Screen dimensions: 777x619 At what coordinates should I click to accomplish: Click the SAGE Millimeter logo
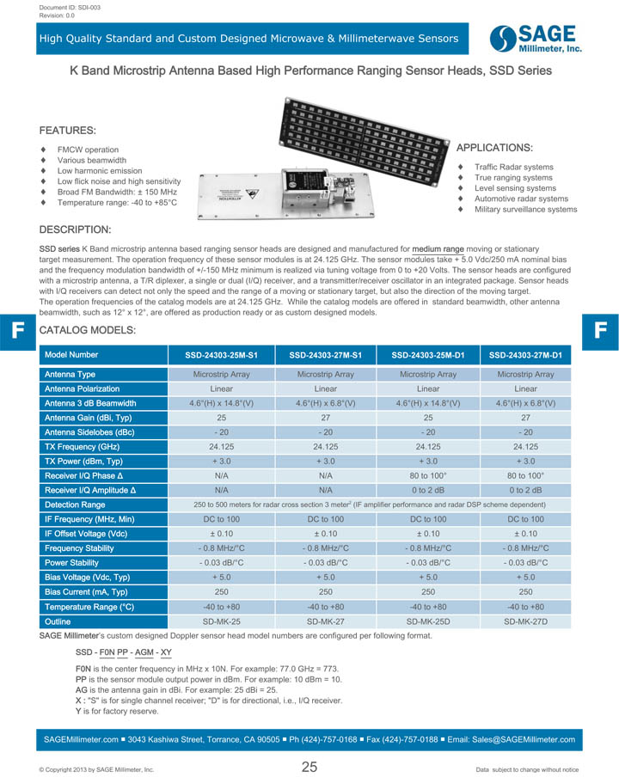(536, 38)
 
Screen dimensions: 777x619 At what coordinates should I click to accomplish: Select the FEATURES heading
(67, 131)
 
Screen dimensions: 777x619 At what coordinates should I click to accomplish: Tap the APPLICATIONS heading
(494, 148)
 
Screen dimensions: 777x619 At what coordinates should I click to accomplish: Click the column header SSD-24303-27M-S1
(325, 355)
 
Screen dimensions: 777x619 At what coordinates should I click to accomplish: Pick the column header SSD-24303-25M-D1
(428, 355)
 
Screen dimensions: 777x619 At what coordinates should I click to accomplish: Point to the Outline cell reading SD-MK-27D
(526, 621)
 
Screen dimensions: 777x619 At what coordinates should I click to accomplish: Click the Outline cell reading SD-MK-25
(221, 621)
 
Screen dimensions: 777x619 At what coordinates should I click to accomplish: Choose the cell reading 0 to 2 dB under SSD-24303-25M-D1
(428, 490)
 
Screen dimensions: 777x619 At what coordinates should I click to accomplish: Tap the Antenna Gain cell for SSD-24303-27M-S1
(325, 418)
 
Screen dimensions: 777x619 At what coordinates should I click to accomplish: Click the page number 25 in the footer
(309, 767)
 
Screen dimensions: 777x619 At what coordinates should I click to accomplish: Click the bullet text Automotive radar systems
(521, 199)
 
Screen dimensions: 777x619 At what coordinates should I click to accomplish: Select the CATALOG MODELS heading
(88, 330)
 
